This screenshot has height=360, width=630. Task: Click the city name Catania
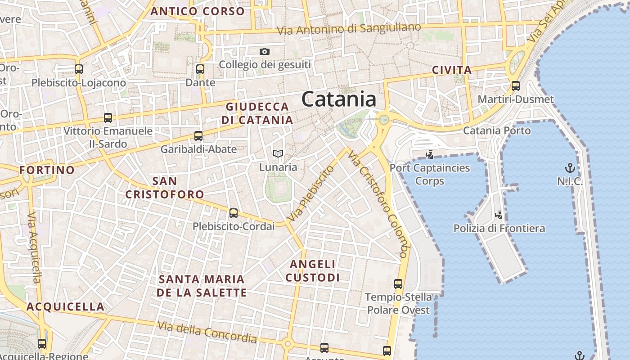point(339,99)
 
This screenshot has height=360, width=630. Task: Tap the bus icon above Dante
point(200,70)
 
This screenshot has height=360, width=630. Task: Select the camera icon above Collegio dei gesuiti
point(265,52)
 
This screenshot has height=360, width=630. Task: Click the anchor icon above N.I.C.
point(570,168)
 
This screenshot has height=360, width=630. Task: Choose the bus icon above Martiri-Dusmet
point(516,85)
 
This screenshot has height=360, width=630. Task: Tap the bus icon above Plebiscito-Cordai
point(233,213)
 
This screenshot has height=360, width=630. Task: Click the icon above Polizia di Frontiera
point(499,215)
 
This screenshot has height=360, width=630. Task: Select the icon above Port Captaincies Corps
point(429,155)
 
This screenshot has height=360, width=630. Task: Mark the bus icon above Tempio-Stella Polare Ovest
point(398,283)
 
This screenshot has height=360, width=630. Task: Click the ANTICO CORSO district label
point(198,11)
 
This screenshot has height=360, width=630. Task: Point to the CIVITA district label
point(452,70)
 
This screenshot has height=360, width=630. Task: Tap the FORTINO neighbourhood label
point(47,170)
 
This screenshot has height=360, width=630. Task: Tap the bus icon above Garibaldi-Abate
point(198,135)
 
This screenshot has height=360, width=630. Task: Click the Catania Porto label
point(497,130)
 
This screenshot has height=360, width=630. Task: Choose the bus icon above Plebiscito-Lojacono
point(79,69)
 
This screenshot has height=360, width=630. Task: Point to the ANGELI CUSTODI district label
point(313,271)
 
